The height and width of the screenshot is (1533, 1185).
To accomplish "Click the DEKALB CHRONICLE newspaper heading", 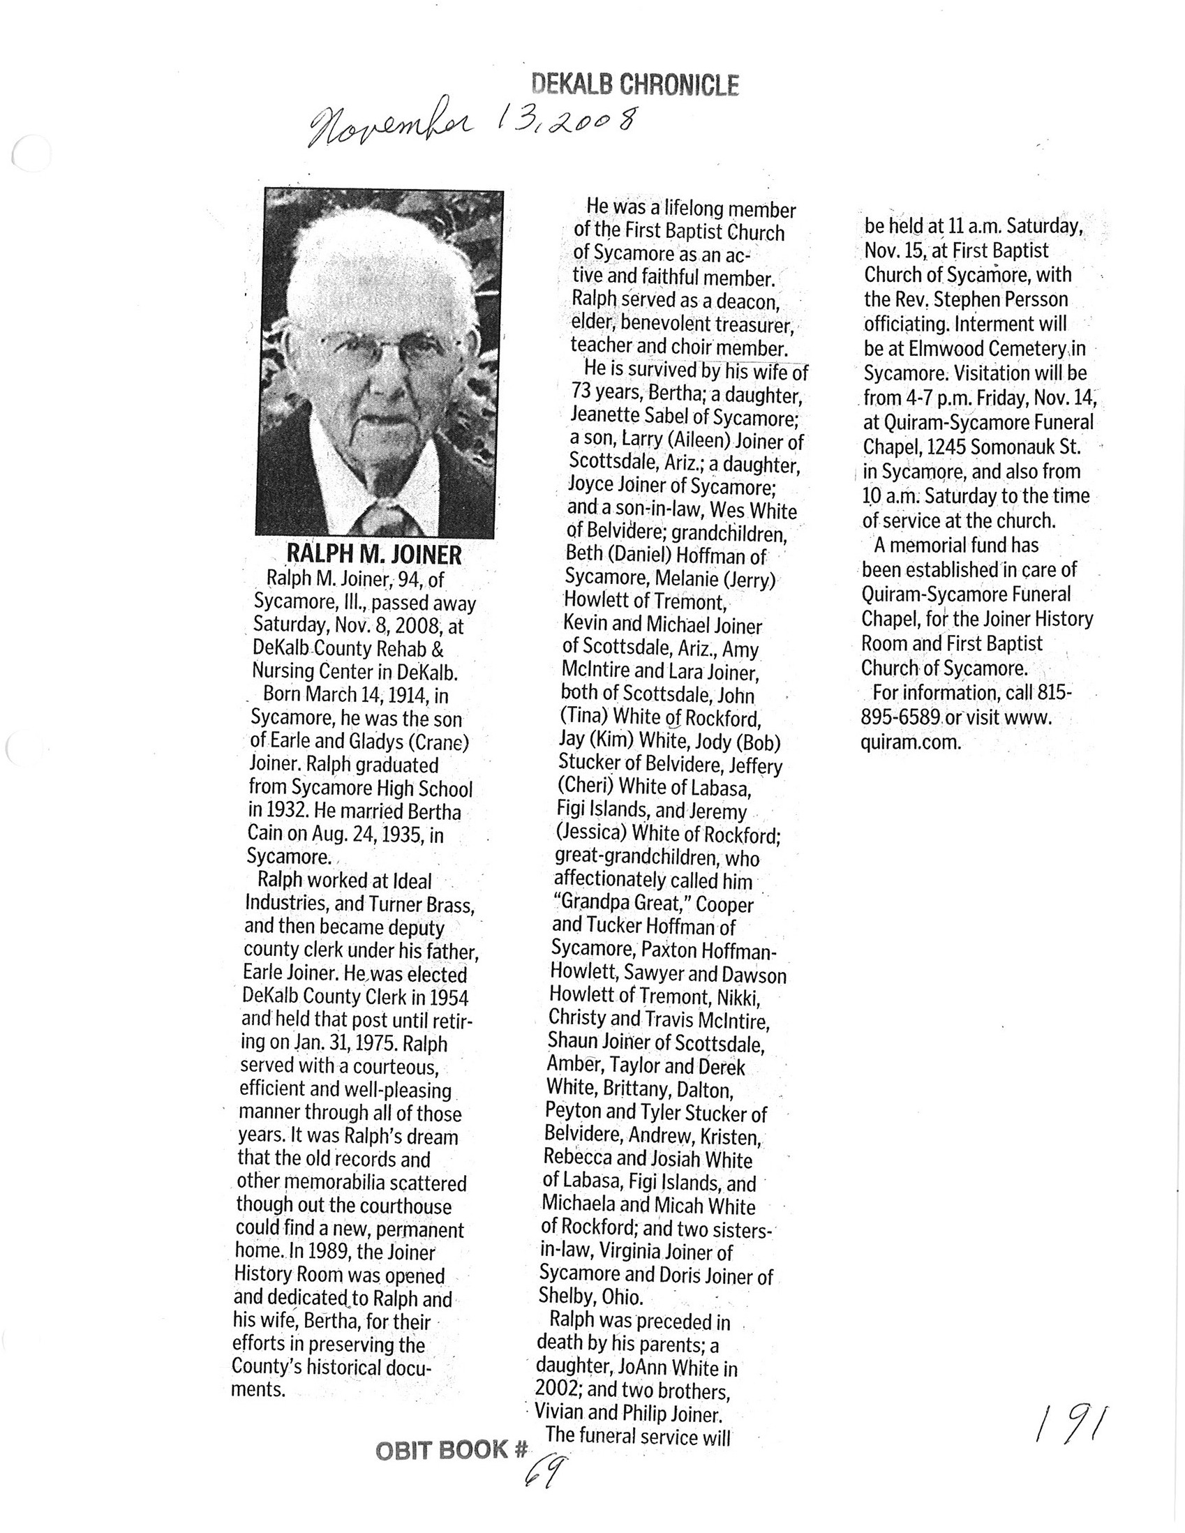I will [x=634, y=85].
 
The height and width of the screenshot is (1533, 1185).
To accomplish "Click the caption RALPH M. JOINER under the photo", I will [x=373, y=555].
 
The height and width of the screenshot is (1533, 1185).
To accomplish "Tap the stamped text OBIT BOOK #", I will [x=451, y=1450].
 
